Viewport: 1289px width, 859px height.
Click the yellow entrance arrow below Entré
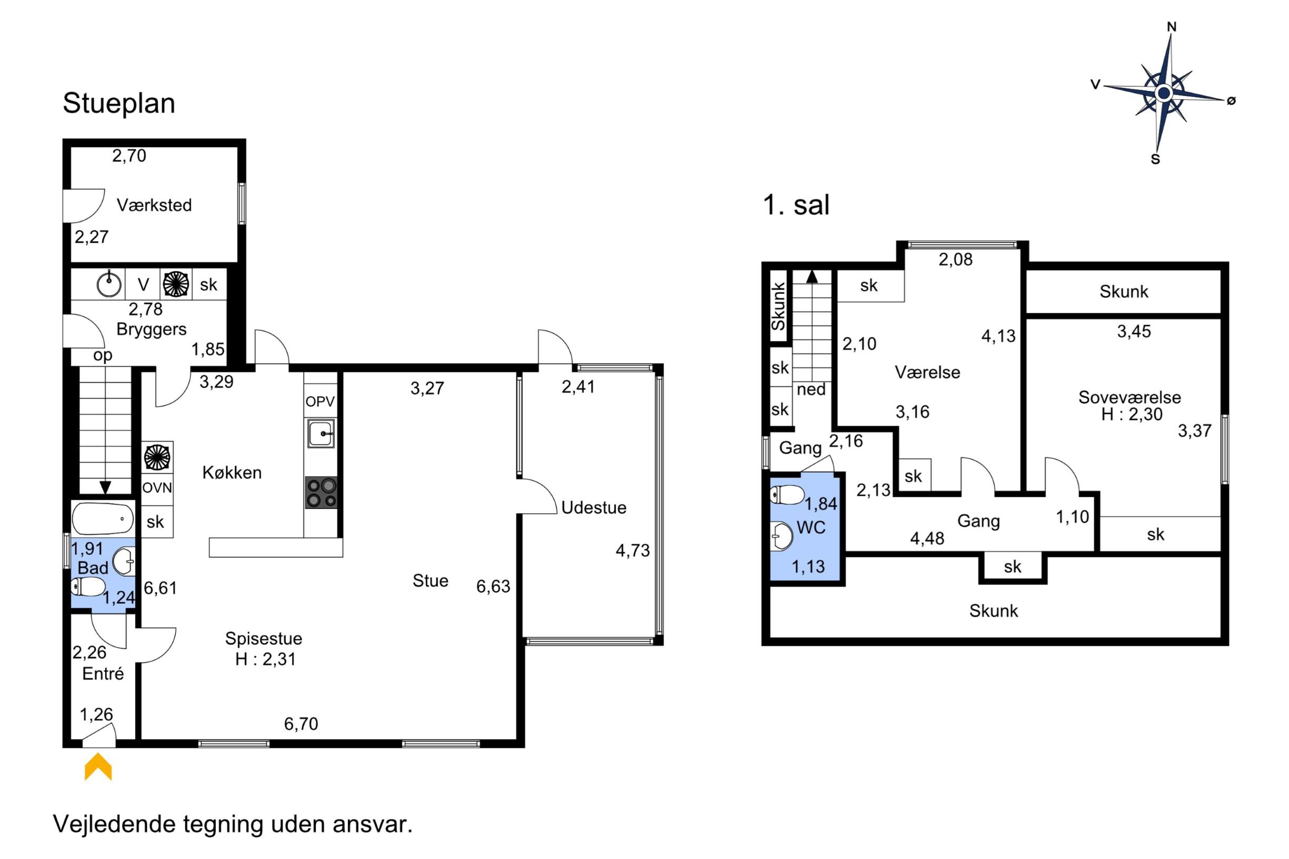pos(98,766)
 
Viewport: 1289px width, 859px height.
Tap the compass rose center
pos(1164,93)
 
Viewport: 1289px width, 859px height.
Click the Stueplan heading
pos(119,103)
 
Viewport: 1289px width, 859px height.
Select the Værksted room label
pos(154,205)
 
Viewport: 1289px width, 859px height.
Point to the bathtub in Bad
pos(103,518)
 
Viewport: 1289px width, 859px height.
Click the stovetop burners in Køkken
pos(321,493)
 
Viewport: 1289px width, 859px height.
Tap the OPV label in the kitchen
pos(320,402)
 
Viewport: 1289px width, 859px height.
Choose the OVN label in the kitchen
pos(157,487)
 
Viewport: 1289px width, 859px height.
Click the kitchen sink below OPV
pos(321,433)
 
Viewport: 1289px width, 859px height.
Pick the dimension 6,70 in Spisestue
pos(301,724)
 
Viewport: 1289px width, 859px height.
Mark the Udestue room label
pos(594,508)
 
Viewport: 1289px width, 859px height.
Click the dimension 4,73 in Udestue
pos(633,551)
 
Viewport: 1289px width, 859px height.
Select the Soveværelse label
pos(1130,397)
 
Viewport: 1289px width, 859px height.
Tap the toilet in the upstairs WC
pos(787,495)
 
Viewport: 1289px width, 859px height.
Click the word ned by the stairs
pos(811,389)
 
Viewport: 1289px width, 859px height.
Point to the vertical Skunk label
pos(778,306)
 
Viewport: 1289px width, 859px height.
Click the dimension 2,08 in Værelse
pos(956,259)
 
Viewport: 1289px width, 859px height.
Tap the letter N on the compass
pos(1172,26)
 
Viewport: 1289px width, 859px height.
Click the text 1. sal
pos(796,205)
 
